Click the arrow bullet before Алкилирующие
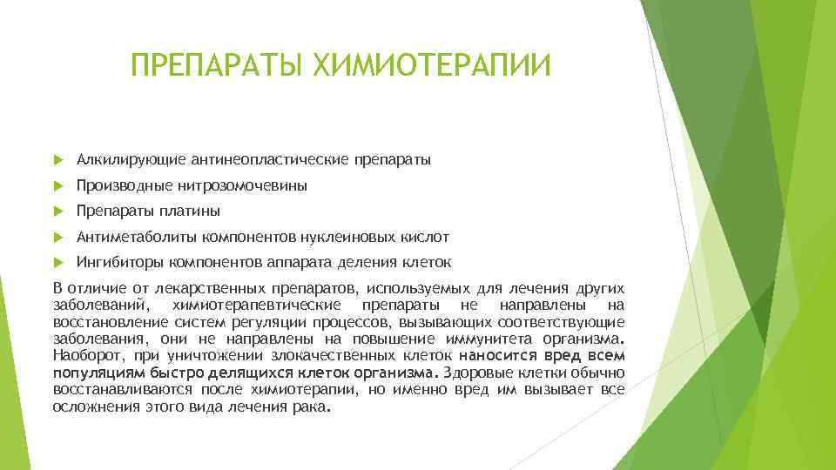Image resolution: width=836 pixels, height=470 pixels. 58,160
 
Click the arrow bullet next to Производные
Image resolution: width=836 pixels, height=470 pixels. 58,185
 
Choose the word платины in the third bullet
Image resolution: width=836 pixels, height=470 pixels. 192,211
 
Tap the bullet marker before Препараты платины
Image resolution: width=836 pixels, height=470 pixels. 58,211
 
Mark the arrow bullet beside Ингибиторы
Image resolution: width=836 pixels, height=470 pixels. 58,262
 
